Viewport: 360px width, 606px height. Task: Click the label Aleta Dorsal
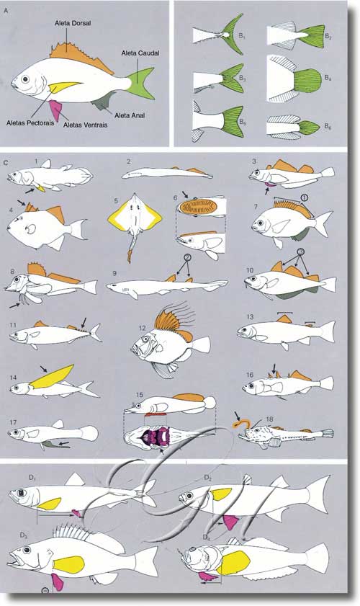(x=73, y=23)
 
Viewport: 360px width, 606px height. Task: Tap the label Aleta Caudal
(x=140, y=53)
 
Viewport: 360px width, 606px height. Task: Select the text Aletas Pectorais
(x=30, y=123)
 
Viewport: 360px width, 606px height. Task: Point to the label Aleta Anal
(x=130, y=115)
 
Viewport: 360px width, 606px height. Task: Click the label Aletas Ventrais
(x=86, y=125)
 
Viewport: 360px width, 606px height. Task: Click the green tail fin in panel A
(x=141, y=83)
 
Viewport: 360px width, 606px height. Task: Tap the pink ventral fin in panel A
(x=56, y=110)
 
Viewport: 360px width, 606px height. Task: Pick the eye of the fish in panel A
(x=25, y=79)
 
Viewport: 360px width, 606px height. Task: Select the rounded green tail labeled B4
(x=307, y=81)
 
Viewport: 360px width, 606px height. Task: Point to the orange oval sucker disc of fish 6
(x=199, y=206)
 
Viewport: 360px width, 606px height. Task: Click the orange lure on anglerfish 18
(x=241, y=424)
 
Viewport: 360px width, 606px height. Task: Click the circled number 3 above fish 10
(x=301, y=252)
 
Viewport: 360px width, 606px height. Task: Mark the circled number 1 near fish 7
(x=304, y=197)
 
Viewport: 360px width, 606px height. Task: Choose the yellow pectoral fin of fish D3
(x=68, y=565)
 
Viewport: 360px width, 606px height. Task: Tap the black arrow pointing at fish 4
(x=22, y=202)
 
